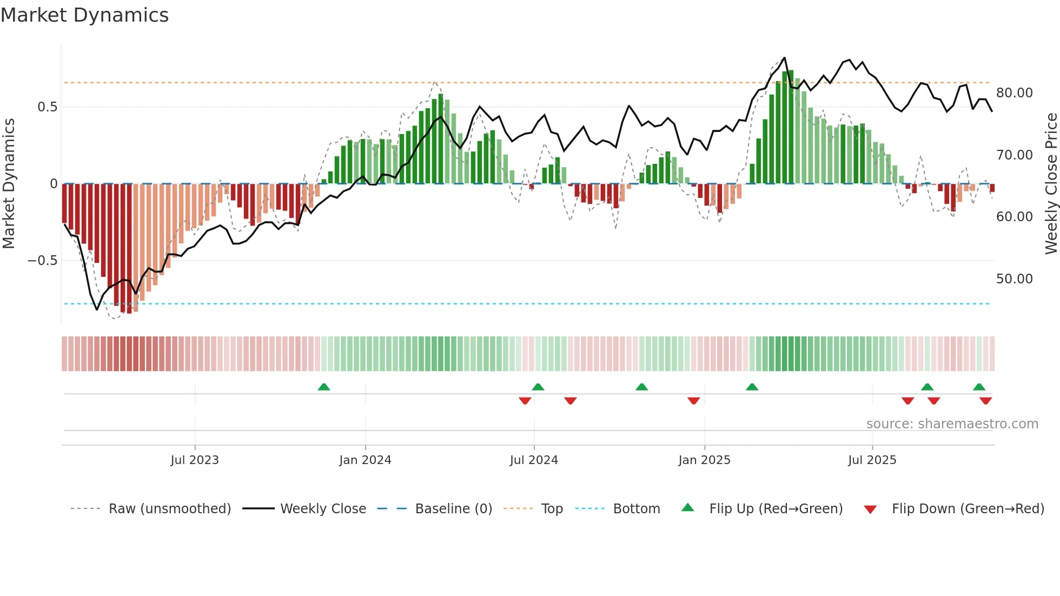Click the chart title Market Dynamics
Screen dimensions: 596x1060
pos(84,15)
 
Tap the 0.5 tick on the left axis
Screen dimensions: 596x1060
pos(47,107)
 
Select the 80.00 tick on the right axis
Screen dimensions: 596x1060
pos(1014,93)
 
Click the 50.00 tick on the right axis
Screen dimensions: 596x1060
pos(1014,279)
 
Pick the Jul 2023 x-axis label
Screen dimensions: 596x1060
pos(195,460)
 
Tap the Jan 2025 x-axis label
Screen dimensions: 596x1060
pos(704,460)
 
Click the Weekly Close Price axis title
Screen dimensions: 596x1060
pos(1051,184)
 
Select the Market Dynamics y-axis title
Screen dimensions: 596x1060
pos(9,184)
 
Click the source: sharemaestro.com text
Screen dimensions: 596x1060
pos(952,424)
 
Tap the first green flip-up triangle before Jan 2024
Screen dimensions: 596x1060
pos(324,387)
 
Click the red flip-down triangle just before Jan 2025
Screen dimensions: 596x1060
pos(694,401)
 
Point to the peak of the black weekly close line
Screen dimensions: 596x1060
pos(784,58)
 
